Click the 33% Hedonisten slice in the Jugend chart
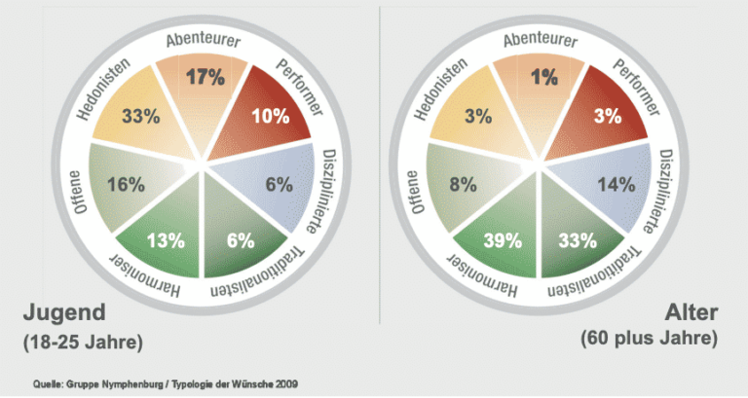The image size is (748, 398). click(142, 116)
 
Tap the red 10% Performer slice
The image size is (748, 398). click(269, 117)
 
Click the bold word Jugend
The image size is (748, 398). click(62, 314)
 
